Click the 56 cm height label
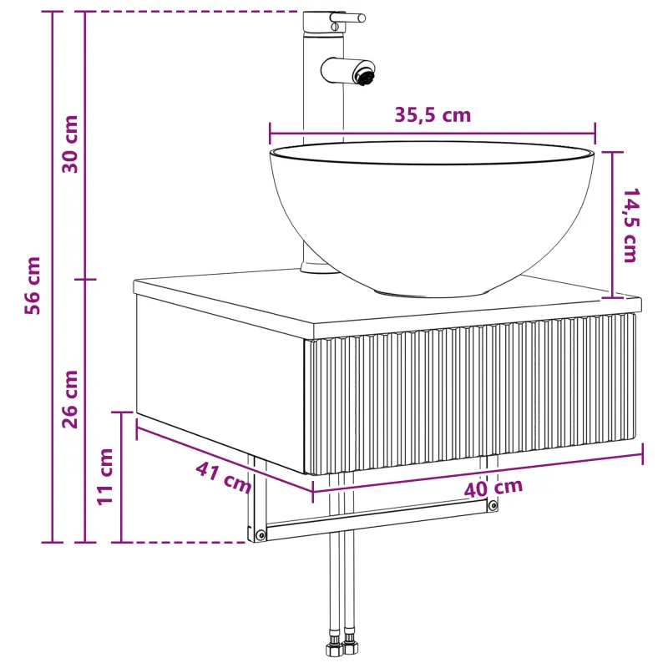tap(33, 286)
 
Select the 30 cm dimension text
tap(70, 144)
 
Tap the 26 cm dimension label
tap(70, 399)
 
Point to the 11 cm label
tap(104, 477)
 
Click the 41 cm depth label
tap(223, 478)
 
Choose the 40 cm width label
tap(493, 488)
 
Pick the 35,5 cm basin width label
tap(433, 115)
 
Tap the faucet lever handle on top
tap(347, 18)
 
